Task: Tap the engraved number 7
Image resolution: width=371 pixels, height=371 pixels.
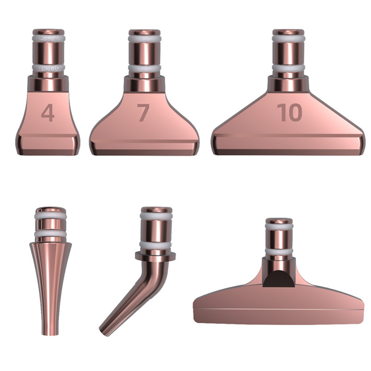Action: coord(143,113)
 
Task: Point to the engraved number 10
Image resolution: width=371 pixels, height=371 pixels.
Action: coord(290,113)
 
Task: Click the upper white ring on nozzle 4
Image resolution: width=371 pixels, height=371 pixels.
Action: coord(49,39)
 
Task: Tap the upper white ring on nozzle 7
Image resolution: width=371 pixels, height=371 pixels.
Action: coord(144,39)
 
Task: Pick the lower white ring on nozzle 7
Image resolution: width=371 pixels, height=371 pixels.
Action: coord(144,68)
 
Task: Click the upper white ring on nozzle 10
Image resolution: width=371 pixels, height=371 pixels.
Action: coord(288,39)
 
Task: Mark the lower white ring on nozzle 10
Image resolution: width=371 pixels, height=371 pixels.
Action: coord(288,68)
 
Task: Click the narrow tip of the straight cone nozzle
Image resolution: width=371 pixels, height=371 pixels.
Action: coord(50,334)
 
